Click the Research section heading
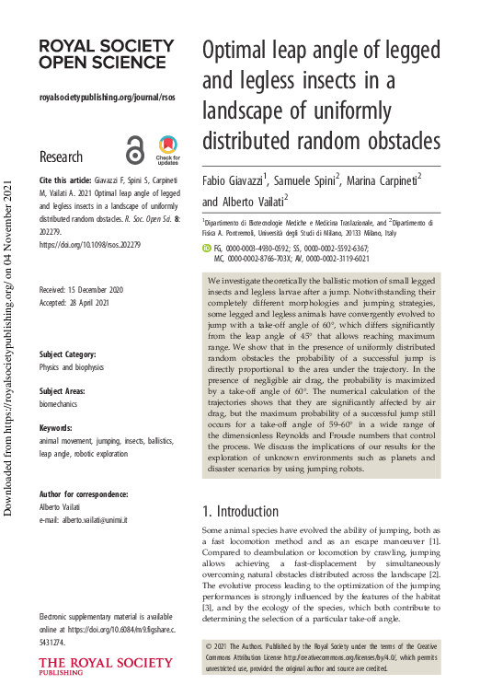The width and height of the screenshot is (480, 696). (62, 157)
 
